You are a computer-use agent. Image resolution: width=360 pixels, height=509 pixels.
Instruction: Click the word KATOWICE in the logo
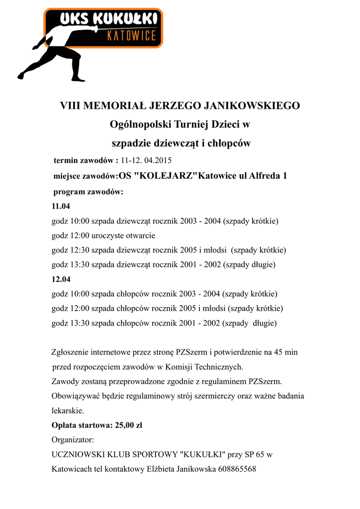click(x=132, y=36)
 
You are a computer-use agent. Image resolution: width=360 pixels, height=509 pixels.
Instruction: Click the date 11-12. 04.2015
click(x=146, y=161)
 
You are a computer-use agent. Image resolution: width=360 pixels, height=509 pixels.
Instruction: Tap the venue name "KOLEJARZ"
click(x=163, y=176)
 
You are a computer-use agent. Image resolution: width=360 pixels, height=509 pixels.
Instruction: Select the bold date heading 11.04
click(x=61, y=206)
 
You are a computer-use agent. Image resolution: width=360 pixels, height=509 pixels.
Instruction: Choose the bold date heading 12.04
click(x=61, y=279)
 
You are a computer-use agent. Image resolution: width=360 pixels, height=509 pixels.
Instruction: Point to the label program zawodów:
click(x=88, y=192)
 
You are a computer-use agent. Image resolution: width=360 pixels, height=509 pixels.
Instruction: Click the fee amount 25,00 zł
click(x=129, y=425)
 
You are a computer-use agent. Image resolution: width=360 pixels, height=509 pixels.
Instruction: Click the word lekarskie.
click(x=68, y=411)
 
